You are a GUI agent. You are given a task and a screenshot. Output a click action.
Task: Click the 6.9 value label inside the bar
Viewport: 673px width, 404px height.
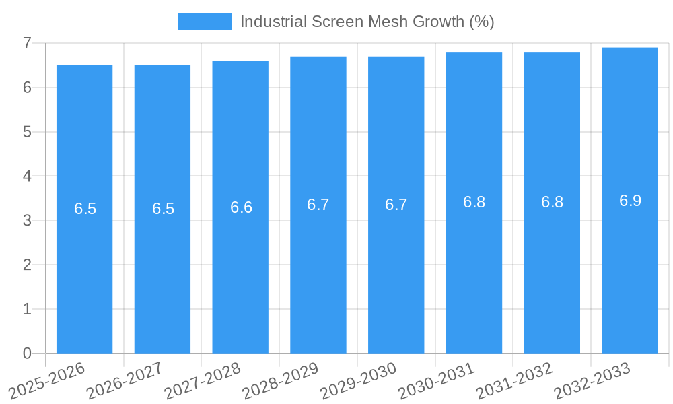630,201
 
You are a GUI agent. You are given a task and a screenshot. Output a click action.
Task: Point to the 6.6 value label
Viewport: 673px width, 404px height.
241,207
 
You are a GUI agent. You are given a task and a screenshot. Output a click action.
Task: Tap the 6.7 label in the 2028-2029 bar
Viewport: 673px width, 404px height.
318,205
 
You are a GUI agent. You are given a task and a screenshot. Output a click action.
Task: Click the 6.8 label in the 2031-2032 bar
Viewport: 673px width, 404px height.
552,202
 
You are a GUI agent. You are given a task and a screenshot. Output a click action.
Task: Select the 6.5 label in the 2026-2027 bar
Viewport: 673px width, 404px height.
163,209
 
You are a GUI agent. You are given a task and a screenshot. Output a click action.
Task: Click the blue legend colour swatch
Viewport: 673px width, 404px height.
205,22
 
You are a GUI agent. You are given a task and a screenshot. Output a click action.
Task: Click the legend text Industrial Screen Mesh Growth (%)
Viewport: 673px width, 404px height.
367,22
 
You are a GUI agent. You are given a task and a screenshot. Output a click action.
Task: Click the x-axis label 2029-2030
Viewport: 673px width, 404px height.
358,381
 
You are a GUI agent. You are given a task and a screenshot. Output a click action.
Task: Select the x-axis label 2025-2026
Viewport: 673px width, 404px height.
46,381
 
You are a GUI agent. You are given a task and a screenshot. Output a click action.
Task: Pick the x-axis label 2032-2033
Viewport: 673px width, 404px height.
592,381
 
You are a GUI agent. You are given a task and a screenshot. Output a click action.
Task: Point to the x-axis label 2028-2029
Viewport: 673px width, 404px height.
280,381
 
